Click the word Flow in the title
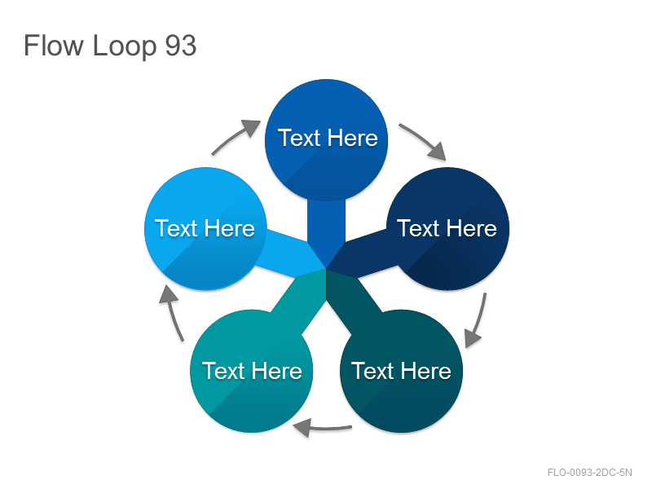pos(54,46)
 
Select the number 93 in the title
pos(181,46)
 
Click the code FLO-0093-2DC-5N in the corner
pos(589,473)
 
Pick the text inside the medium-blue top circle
pos(328,138)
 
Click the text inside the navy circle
pos(447,228)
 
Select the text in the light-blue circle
pos(205,228)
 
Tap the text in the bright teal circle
pos(252,371)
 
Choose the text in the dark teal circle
pos(401,371)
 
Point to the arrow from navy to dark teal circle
pos(478,320)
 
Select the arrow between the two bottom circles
pos(322,428)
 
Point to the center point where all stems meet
pos(327,269)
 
